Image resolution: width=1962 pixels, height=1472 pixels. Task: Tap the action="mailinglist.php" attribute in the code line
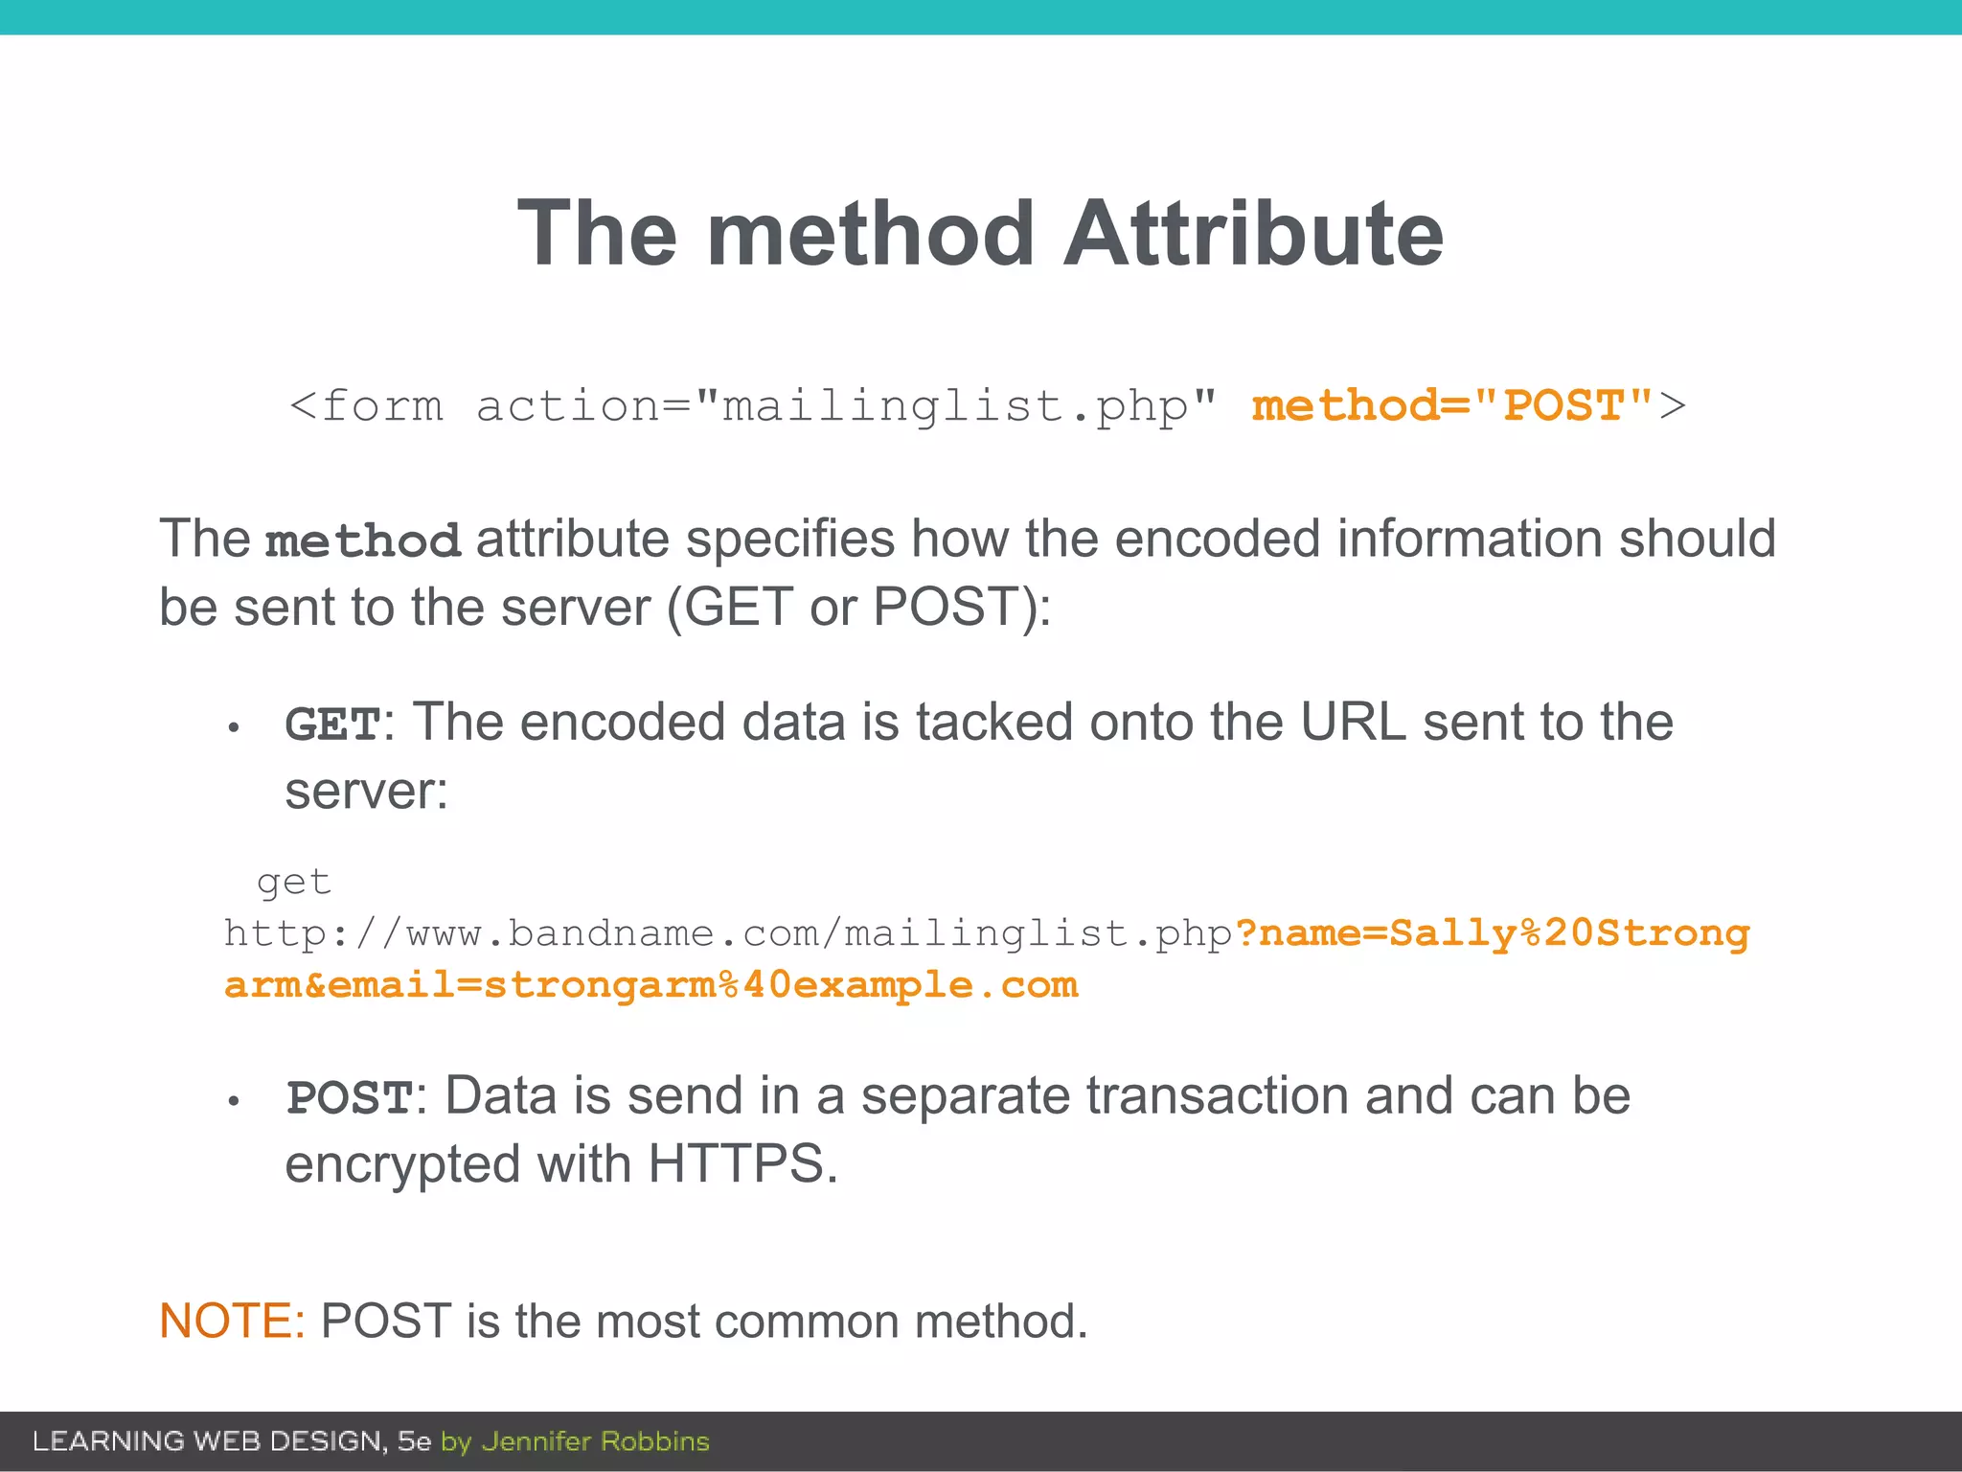coord(846,406)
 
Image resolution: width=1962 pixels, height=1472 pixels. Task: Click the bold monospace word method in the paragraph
coord(363,541)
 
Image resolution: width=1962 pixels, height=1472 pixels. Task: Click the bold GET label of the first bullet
coord(332,724)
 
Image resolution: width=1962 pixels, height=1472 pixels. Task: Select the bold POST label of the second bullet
coord(350,1098)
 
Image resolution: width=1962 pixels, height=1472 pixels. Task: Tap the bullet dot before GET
coord(233,728)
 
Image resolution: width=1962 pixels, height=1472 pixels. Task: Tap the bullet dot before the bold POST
coord(233,1102)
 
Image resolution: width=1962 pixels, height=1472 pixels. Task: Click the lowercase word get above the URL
coord(294,882)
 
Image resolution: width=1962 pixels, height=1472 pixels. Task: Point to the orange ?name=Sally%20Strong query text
coord(1493,933)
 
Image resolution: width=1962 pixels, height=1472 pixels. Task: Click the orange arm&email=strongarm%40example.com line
coord(651,985)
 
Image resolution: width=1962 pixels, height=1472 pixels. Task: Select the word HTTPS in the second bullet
coord(735,1164)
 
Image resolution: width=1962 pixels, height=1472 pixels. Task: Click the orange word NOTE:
coord(232,1321)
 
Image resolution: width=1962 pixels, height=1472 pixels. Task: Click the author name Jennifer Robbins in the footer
coord(595,1441)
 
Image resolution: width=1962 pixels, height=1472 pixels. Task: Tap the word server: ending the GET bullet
coord(367,792)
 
